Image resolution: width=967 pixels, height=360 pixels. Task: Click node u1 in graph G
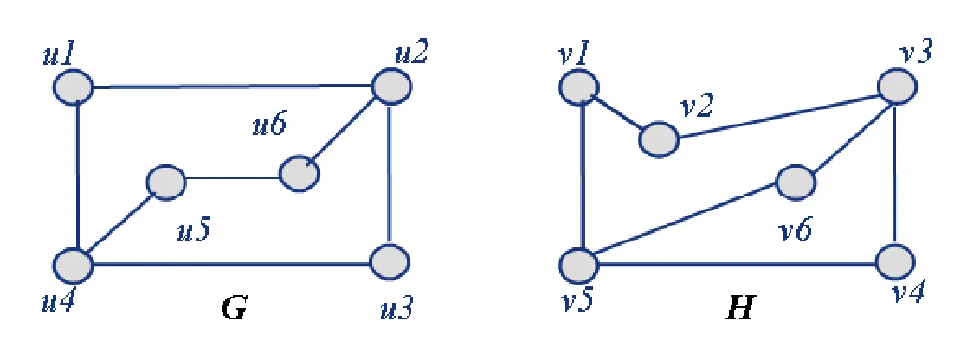click(x=73, y=87)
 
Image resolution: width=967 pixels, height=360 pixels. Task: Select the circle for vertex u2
click(x=391, y=87)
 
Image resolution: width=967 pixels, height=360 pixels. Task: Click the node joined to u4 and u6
click(x=165, y=183)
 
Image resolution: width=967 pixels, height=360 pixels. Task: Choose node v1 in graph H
click(x=579, y=87)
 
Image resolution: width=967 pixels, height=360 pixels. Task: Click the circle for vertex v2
click(x=660, y=138)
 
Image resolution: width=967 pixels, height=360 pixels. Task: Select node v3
click(x=896, y=87)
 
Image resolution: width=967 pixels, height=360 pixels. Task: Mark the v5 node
click(x=579, y=262)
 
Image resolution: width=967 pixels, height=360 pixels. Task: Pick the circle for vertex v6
click(x=796, y=183)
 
